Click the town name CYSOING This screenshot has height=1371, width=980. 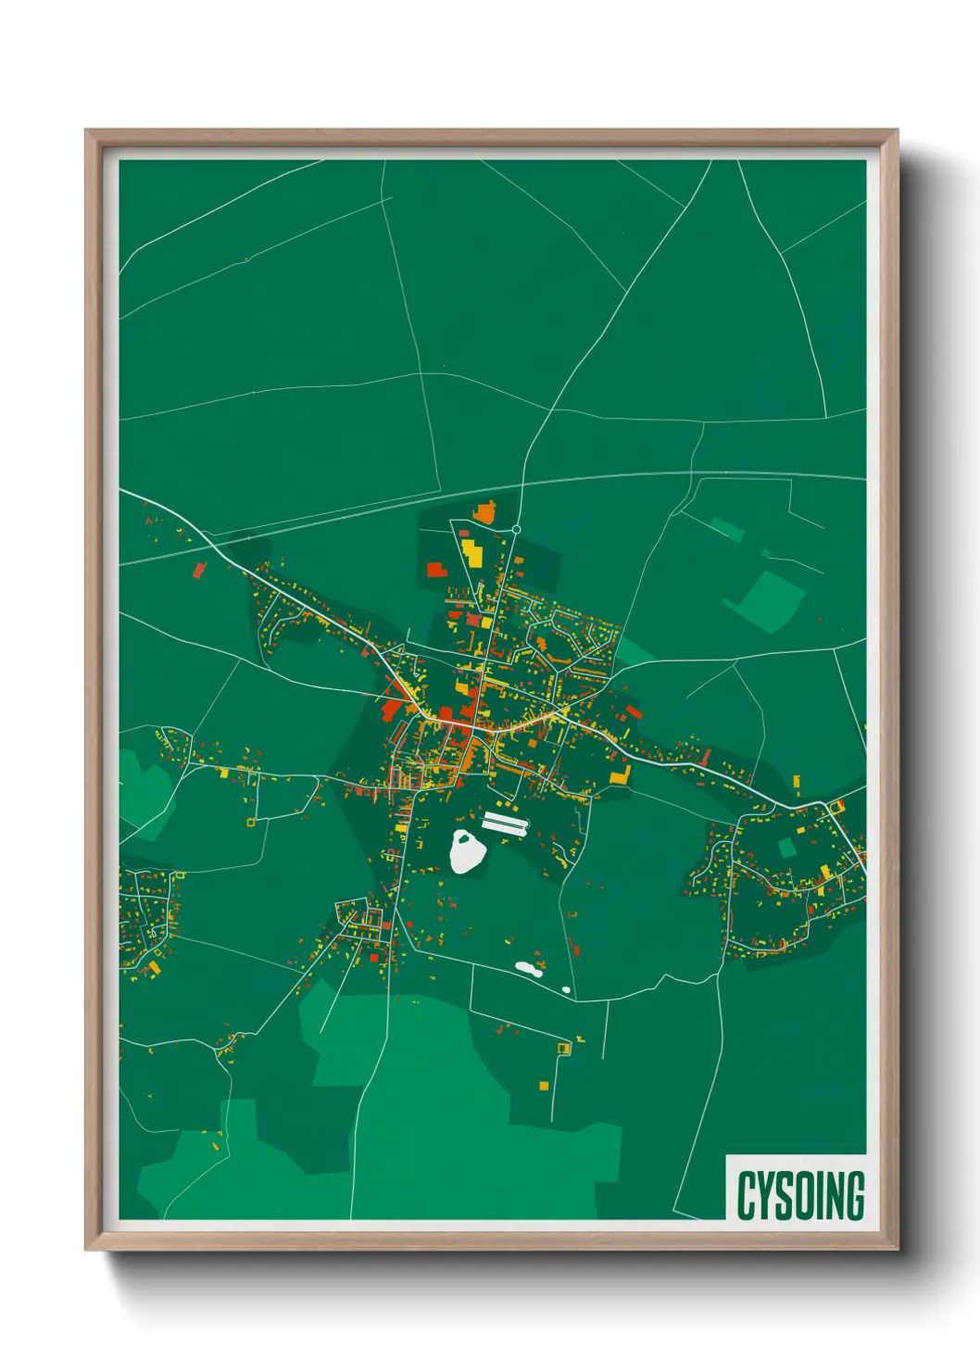800,1195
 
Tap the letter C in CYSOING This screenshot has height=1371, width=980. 746,1195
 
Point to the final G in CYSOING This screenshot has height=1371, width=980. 855,1195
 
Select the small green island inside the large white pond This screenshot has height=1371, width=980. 467,844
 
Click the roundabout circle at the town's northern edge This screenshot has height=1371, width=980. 516,530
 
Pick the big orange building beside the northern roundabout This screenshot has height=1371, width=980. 484,511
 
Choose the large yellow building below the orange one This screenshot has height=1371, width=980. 471,552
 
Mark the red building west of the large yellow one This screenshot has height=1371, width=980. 436,569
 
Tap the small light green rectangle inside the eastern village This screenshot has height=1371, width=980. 786,847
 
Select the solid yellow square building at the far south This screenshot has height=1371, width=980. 544,1085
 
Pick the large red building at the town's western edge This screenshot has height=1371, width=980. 392,709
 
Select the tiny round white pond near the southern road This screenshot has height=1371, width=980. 566,989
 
